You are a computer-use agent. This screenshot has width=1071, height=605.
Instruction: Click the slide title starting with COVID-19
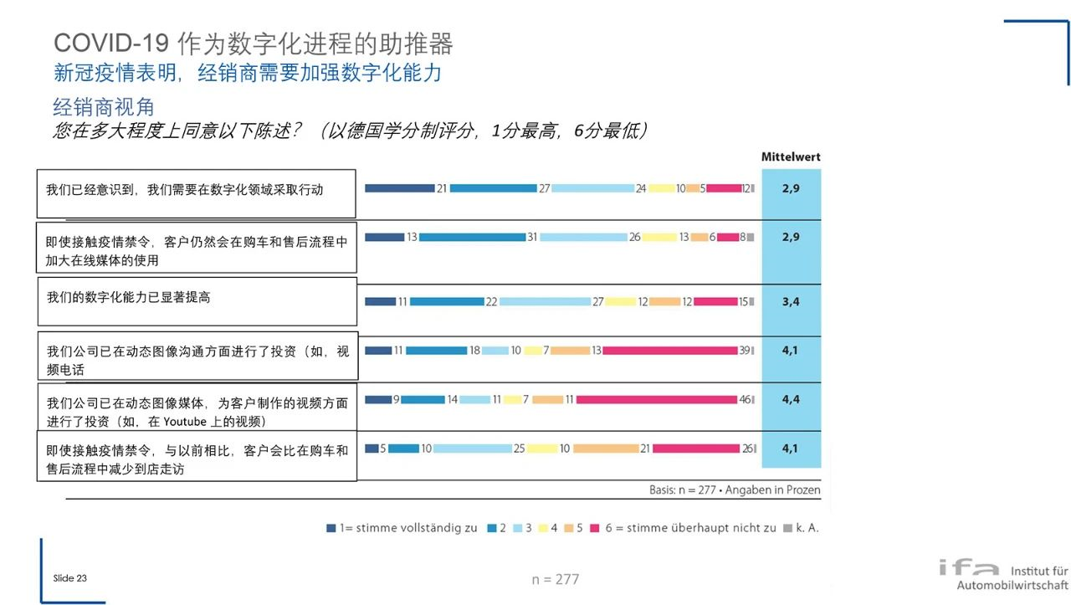point(253,44)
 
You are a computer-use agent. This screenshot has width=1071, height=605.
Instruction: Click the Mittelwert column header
point(791,156)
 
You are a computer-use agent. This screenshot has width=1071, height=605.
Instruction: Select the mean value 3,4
point(791,301)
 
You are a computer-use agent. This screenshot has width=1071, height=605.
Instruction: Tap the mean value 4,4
point(791,399)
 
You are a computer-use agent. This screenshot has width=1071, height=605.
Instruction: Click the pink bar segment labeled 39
point(669,351)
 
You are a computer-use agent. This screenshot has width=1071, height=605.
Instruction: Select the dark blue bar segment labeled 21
point(399,188)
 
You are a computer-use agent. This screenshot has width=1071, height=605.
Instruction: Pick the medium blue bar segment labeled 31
point(472,238)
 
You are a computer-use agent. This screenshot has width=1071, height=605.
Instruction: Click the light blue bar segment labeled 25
point(472,449)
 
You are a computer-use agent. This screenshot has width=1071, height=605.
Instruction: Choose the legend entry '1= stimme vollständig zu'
point(402,528)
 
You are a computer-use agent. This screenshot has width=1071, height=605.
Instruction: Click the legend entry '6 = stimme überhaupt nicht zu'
point(683,528)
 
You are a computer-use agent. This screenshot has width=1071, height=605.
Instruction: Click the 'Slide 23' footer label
point(69,578)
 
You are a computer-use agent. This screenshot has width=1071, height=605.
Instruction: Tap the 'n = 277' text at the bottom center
point(555,579)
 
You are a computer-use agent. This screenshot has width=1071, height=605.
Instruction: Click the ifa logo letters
point(968,568)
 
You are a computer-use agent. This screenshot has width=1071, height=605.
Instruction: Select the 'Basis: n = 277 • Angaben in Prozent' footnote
point(735,490)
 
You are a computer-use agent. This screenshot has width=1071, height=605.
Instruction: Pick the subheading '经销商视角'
point(104,107)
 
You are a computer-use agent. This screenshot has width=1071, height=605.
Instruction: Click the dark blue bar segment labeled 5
point(372,449)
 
